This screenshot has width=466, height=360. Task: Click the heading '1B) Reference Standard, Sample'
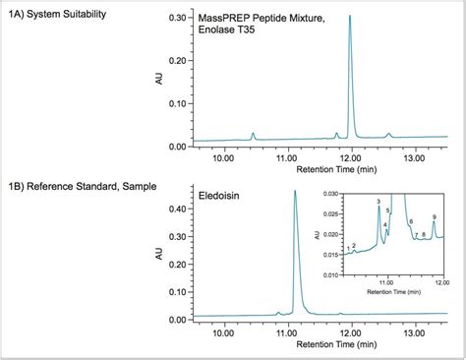point(74,184)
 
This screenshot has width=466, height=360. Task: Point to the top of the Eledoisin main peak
point(294,192)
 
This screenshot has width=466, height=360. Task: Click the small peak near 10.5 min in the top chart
point(253,134)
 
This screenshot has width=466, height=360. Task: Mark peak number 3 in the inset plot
point(378,203)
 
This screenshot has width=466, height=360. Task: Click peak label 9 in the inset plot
point(434,216)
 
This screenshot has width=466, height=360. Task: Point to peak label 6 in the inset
point(410,222)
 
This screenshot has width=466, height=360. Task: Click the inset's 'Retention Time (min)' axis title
point(393,292)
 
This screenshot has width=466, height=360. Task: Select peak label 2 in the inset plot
point(353,245)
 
